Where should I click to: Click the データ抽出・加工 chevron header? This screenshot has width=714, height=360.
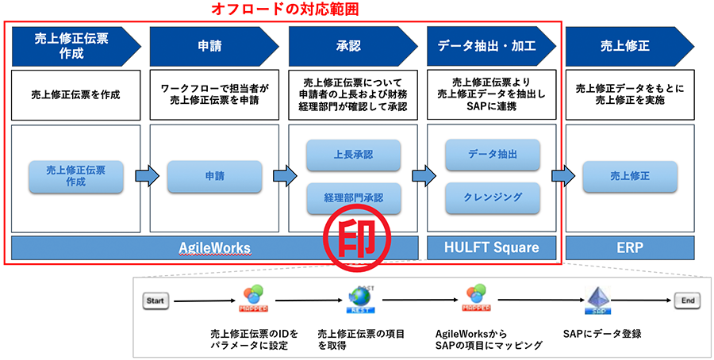point(486,46)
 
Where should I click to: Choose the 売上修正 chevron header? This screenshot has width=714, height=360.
point(625,46)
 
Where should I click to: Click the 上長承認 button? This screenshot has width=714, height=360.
point(353,155)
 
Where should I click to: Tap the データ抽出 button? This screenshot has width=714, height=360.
point(493,155)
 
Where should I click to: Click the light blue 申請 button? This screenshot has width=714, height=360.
point(214,176)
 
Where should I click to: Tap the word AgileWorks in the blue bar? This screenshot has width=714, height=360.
point(215,248)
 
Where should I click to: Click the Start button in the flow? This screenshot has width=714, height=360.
point(155,301)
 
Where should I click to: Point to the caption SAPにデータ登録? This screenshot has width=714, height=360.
point(601,334)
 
